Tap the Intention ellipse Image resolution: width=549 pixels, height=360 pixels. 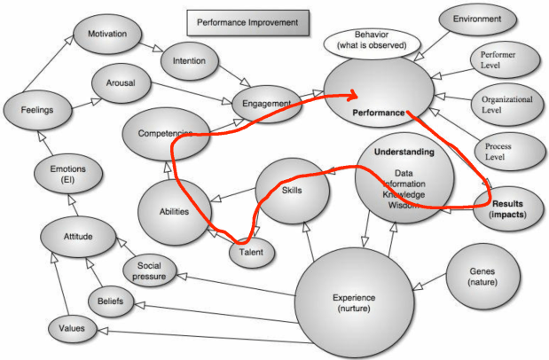click(x=191, y=62)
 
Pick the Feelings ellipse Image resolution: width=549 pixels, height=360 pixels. click(x=36, y=111)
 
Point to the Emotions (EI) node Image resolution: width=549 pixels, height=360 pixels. click(x=64, y=174)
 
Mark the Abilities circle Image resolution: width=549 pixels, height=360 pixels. click(x=176, y=212)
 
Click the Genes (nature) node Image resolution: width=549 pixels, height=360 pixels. click(x=483, y=276)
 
